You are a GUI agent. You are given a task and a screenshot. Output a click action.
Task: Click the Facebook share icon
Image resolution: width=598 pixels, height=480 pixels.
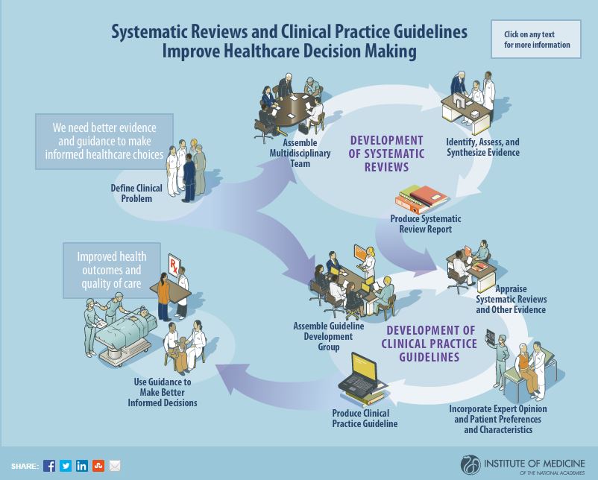pos(49,466)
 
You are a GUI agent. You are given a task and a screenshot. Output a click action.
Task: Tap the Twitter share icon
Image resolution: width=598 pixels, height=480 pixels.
pos(66,466)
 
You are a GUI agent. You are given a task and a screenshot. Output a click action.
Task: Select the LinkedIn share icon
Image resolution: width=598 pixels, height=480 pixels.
pos(82,466)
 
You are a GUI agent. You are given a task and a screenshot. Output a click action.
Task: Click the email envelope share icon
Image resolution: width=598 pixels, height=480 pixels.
pos(115,466)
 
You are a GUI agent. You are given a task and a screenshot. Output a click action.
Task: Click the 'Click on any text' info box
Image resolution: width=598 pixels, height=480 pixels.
pos(535,40)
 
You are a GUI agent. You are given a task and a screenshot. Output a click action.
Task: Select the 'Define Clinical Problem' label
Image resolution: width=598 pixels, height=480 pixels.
pos(136,193)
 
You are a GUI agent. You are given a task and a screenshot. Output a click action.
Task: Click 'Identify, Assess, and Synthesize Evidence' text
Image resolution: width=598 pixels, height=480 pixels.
pos(482,147)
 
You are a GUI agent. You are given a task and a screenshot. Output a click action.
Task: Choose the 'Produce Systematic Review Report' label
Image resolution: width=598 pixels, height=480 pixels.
pos(425,224)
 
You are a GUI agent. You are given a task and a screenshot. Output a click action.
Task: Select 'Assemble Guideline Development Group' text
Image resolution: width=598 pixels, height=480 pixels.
pos(328,336)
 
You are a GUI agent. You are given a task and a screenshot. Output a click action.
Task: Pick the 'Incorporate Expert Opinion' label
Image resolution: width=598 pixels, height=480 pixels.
pos(497,419)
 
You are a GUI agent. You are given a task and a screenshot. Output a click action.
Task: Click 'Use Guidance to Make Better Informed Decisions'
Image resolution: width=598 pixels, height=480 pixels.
pos(163,392)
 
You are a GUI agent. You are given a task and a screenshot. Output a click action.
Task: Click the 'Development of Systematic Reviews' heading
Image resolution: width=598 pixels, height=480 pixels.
pos(386,154)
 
